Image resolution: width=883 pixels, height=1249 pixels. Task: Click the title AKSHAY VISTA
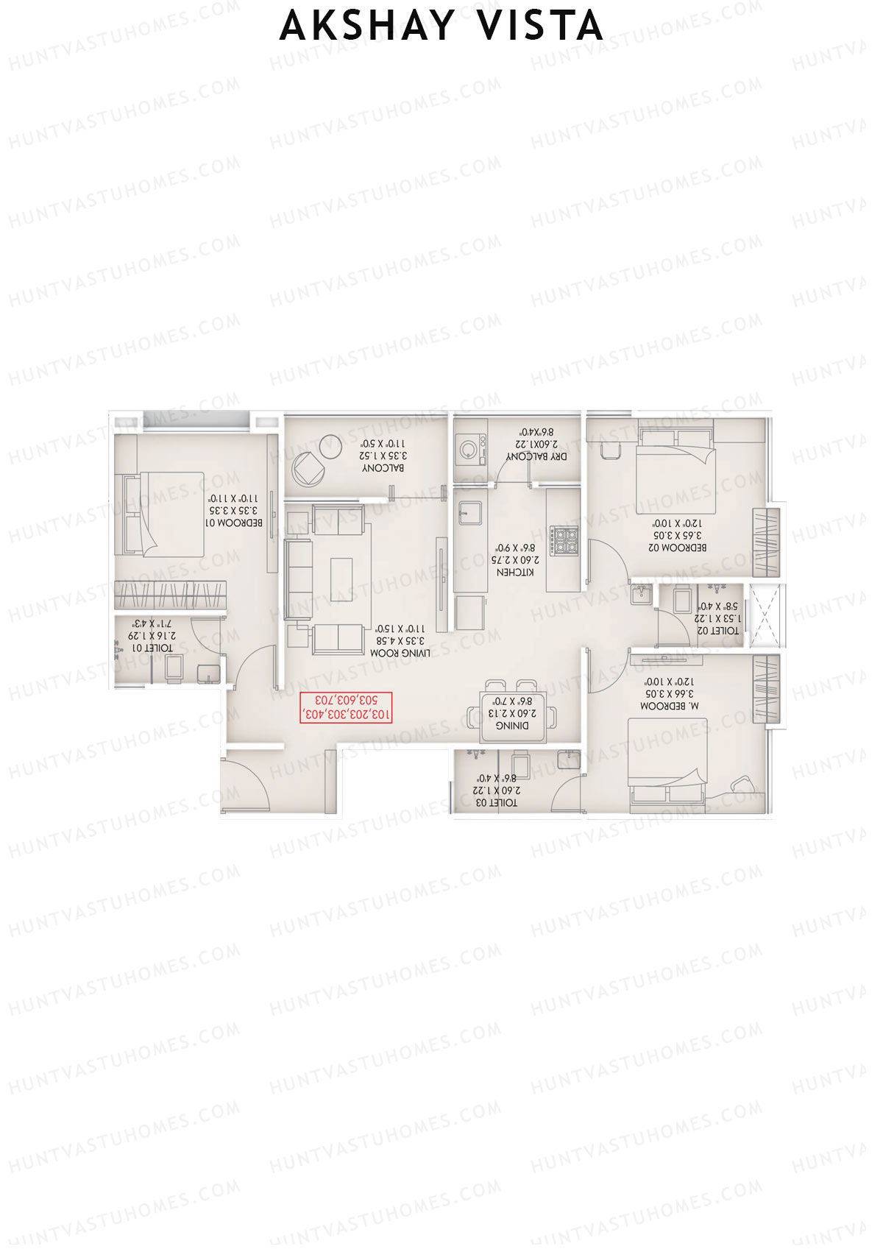pos(441,26)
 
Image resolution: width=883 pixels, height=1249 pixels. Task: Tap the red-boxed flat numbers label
pos(346,707)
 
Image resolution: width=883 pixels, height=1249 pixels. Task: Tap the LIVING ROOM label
pos(400,652)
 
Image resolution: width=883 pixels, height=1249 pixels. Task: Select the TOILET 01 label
pos(152,648)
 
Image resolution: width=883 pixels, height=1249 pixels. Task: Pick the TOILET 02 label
pos(717,630)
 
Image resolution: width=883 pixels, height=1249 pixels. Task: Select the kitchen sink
pos(468,510)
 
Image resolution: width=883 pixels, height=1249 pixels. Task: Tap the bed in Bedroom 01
pos(160,514)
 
